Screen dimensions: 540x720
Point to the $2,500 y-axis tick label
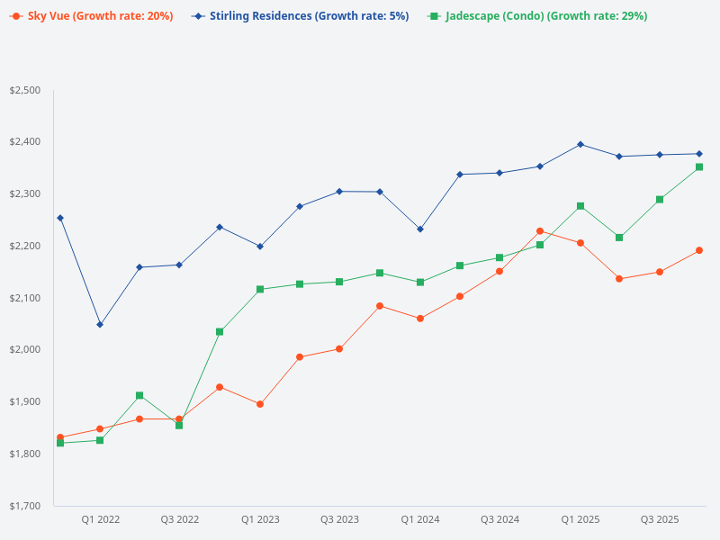tap(25, 90)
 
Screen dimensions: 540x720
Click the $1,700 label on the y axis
tap(25, 506)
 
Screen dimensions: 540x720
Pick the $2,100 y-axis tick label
tap(25, 298)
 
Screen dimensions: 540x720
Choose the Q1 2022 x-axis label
tap(100, 519)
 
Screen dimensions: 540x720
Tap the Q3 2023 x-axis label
tap(339, 519)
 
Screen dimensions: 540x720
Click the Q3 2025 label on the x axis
tap(660, 519)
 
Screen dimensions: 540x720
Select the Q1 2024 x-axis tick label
tap(420, 519)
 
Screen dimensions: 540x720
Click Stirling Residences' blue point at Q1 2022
tap(100, 324)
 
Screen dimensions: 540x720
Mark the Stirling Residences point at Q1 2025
tap(580, 144)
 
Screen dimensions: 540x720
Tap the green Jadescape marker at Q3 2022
tap(179, 425)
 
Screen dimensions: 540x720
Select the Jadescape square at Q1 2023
tap(260, 289)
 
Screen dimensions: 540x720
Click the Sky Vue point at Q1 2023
tap(260, 404)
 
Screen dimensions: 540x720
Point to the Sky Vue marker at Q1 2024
tap(420, 319)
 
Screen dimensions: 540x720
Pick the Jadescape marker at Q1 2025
tap(580, 206)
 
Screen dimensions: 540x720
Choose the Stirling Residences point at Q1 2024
tap(420, 229)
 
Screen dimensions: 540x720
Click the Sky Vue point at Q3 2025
tap(660, 272)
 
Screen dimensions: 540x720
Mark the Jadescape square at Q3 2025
tap(660, 199)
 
